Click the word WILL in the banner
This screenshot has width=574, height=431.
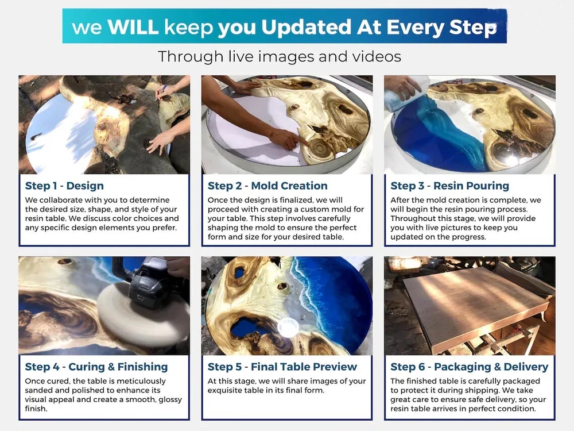(133, 27)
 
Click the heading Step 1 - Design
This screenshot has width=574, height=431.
(64, 186)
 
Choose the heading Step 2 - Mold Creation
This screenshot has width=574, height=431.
(267, 186)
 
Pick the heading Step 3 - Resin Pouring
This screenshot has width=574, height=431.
(449, 186)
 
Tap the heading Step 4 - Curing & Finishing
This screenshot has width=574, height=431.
(96, 367)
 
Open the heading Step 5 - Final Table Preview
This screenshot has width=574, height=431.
(282, 367)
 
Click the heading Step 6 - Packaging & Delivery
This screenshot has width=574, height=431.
(470, 367)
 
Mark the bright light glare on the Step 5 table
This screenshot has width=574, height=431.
(288, 327)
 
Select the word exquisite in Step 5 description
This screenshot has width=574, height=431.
(223, 390)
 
